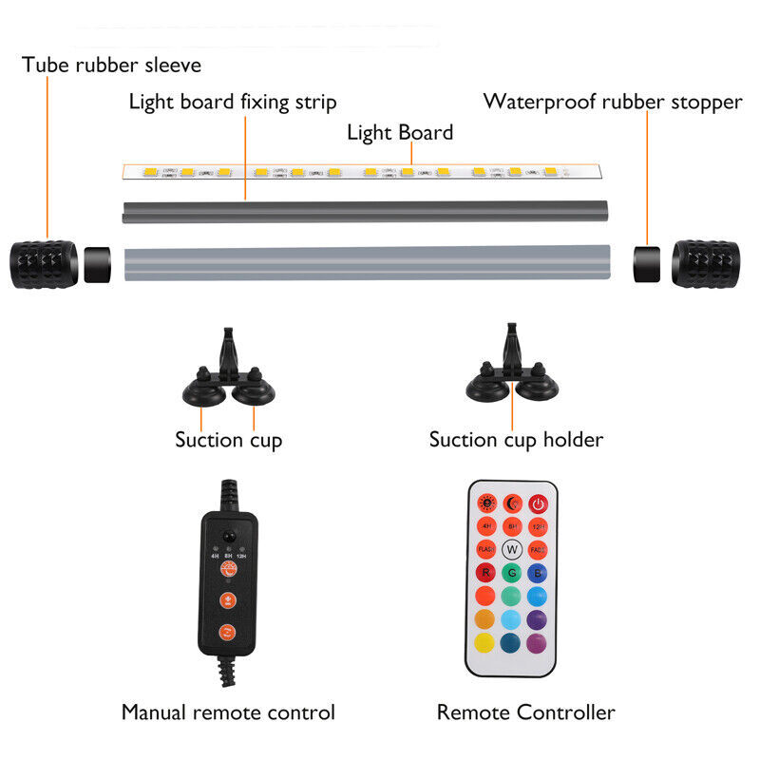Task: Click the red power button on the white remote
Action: click(539, 503)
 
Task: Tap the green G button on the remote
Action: click(512, 573)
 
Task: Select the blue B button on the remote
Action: click(539, 573)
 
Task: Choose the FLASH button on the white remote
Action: click(484, 549)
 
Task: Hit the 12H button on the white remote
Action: click(539, 526)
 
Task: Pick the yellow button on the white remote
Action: click(484, 643)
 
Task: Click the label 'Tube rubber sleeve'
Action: click(112, 66)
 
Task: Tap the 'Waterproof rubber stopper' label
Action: click(613, 102)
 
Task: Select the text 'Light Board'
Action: click(400, 132)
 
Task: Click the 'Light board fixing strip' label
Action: click(233, 102)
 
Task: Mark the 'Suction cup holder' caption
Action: click(516, 439)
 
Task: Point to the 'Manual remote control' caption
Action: click(228, 712)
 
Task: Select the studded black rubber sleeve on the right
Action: click(706, 261)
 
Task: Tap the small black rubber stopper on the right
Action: click(647, 261)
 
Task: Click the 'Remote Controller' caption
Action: click(525, 712)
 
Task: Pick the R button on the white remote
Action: click(484, 573)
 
